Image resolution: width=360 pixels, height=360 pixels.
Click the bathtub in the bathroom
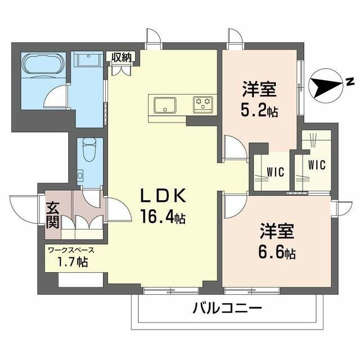(43, 64)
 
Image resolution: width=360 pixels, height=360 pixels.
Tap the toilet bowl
(89, 149)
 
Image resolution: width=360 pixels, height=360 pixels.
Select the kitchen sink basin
(165, 105)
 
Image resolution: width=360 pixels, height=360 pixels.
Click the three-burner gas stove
(203, 105)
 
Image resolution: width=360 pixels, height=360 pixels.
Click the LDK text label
(163, 196)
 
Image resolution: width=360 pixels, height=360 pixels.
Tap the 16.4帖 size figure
(163, 217)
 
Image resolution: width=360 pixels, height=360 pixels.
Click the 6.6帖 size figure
(277, 253)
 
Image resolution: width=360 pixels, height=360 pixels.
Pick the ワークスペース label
(71, 250)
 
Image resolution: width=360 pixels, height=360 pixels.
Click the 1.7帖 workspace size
(73, 262)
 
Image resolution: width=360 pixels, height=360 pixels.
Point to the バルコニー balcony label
(227, 308)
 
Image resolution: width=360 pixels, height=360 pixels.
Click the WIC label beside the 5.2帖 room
(276, 172)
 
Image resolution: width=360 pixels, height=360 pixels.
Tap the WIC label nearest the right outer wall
(317, 165)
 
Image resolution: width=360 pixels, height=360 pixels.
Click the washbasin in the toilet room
(80, 175)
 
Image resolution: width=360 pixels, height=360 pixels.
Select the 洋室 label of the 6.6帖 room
(277, 231)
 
